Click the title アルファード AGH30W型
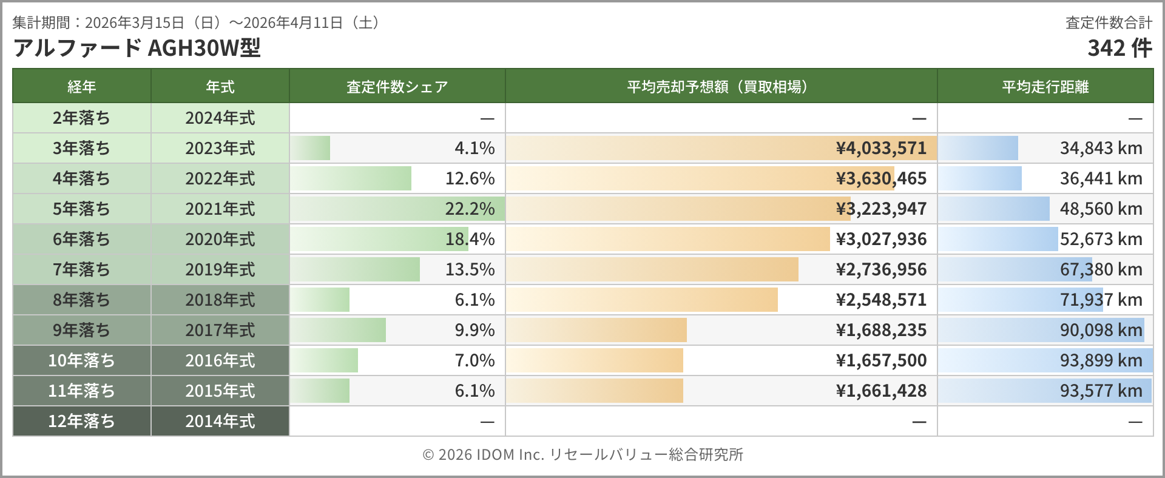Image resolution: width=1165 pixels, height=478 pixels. (137, 48)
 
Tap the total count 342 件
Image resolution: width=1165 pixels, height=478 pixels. (1119, 48)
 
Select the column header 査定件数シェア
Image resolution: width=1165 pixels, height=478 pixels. (397, 87)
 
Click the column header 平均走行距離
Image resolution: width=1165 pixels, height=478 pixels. (1045, 87)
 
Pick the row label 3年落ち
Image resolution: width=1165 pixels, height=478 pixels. (81, 148)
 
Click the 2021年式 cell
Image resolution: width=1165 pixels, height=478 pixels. (220, 209)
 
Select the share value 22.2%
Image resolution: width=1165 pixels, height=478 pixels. (470, 209)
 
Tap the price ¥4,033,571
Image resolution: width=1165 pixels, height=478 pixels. (881, 148)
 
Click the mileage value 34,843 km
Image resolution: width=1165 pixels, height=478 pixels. (1101, 148)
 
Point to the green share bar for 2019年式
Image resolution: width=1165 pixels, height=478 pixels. (355, 269)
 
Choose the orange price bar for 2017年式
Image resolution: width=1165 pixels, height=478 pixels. (596, 330)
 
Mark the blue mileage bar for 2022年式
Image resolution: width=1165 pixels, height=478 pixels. (980, 178)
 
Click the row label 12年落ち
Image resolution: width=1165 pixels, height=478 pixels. (81, 421)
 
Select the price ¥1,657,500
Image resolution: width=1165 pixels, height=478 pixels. (881, 360)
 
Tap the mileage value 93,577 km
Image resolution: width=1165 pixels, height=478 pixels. (1101, 391)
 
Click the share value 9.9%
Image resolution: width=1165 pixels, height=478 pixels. (474, 330)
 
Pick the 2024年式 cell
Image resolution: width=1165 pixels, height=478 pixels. (220, 118)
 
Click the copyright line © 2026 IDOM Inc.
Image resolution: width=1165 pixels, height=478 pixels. (582, 454)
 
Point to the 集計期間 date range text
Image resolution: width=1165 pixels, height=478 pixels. (197, 23)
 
